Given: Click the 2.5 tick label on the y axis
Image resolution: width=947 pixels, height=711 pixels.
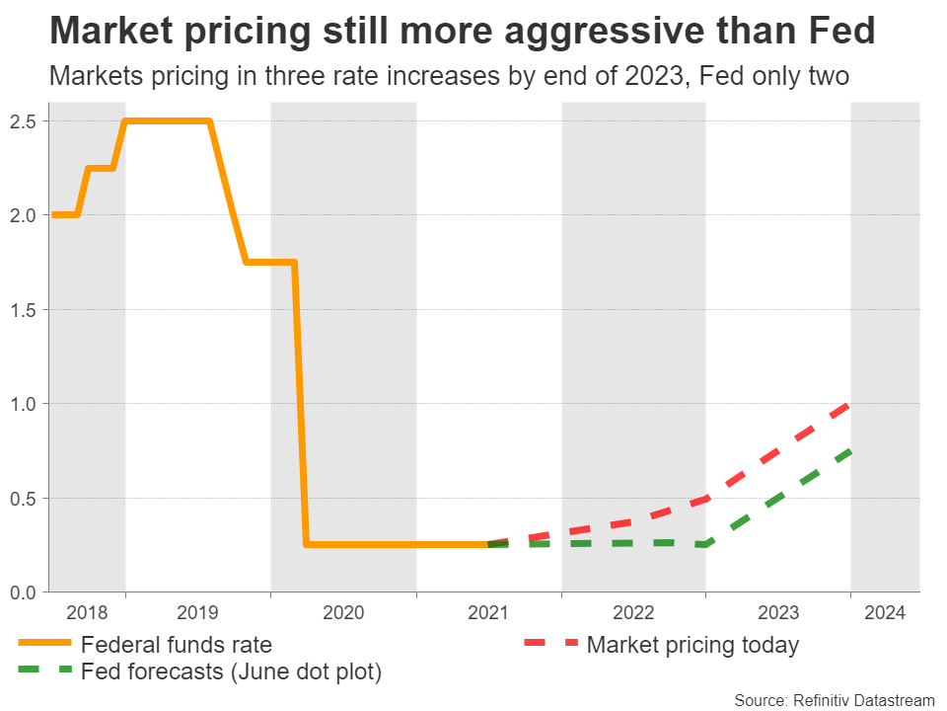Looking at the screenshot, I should pyautogui.click(x=25, y=121).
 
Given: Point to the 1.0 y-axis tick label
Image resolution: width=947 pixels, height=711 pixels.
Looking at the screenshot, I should pyautogui.click(x=25, y=404).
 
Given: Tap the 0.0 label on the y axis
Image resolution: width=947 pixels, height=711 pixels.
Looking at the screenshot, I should pyautogui.click(x=25, y=592).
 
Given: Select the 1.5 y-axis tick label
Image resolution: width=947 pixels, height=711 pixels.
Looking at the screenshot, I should pyautogui.click(x=25, y=310).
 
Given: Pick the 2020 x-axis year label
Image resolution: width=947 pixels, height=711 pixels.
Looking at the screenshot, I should pyautogui.click(x=343, y=612).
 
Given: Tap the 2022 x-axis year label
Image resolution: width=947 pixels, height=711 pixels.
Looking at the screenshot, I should pyautogui.click(x=633, y=612).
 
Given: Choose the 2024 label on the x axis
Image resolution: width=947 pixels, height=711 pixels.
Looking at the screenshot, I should pyautogui.click(x=885, y=612).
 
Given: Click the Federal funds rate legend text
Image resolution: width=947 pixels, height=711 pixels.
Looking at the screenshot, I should pyautogui.click(x=177, y=646).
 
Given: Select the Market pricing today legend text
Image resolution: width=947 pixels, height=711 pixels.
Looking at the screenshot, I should pyautogui.click(x=692, y=646).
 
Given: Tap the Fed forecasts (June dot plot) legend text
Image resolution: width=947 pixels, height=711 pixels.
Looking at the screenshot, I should pyautogui.click(x=231, y=672).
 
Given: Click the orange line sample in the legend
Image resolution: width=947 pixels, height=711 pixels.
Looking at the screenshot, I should pyautogui.click(x=44, y=644).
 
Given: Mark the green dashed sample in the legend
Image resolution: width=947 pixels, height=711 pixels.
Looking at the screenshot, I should pyautogui.click(x=44, y=671).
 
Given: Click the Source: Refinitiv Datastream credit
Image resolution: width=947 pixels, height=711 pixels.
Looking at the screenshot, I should pyautogui.click(x=834, y=699).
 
